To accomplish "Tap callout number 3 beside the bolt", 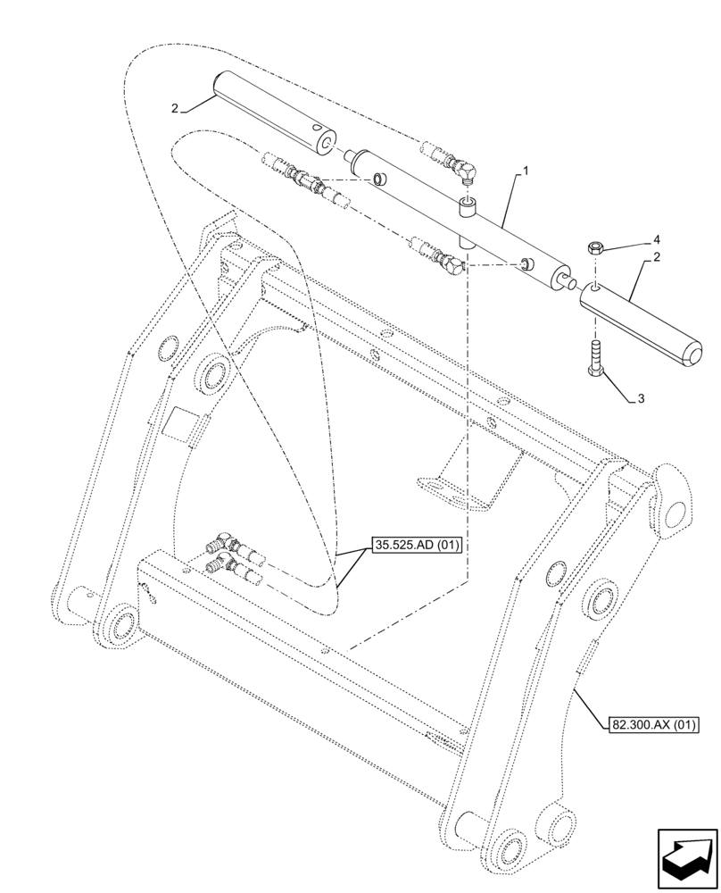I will (x=641, y=399).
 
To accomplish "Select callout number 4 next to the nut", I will (x=657, y=239).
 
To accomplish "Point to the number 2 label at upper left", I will (x=176, y=108).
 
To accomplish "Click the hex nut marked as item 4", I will (x=596, y=248).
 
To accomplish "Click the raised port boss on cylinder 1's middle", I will (x=468, y=212).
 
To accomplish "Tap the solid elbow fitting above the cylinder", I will (x=462, y=169).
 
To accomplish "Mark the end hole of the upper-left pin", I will (x=328, y=144).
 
